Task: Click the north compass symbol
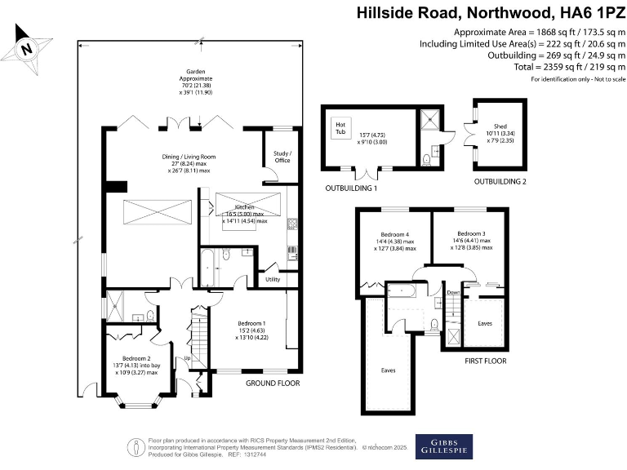(x=28, y=47)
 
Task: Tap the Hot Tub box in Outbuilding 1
(x=340, y=128)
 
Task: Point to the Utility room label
(x=273, y=279)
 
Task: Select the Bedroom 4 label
(x=395, y=235)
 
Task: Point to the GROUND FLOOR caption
(x=272, y=383)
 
